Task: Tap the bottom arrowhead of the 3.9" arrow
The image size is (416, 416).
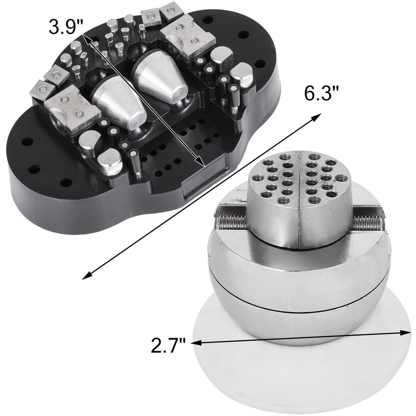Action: [201, 163]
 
